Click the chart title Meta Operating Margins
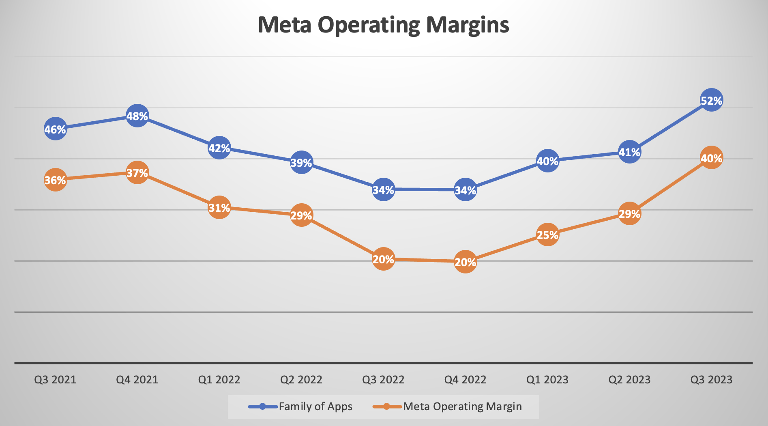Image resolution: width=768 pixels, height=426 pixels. (x=383, y=25)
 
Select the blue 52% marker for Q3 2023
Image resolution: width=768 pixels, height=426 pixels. (x=711, y=100)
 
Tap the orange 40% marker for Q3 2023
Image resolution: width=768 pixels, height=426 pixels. (x=711, y=158)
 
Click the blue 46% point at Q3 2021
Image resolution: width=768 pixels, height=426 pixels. (x=55, y=129)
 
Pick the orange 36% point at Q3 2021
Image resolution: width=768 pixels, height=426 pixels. (x=55, y=180)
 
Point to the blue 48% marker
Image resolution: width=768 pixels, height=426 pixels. (x=137, y=116)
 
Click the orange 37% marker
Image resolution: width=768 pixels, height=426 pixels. (x=137, y=173)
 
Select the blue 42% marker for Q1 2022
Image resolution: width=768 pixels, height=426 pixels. (x=219, y=148)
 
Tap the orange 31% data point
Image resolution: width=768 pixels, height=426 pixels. (x=219, y=208)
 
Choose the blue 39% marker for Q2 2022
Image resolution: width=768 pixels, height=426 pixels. (x=301, y=162)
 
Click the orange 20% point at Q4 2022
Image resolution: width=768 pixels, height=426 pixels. (x=465, y=262)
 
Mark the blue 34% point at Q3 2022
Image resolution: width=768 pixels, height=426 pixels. (x=383, y=189)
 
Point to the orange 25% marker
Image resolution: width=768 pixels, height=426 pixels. (x=547, y=235)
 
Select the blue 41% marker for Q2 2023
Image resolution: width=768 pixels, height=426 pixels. (x=629, y=152)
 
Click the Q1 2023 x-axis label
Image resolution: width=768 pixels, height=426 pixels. (x=547, y=380)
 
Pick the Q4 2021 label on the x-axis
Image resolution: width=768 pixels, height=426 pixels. (x=137, y=380)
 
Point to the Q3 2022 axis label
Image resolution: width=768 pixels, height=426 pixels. (x=383, y=380)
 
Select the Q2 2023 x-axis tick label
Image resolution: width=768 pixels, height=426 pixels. (x=629, y=380)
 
